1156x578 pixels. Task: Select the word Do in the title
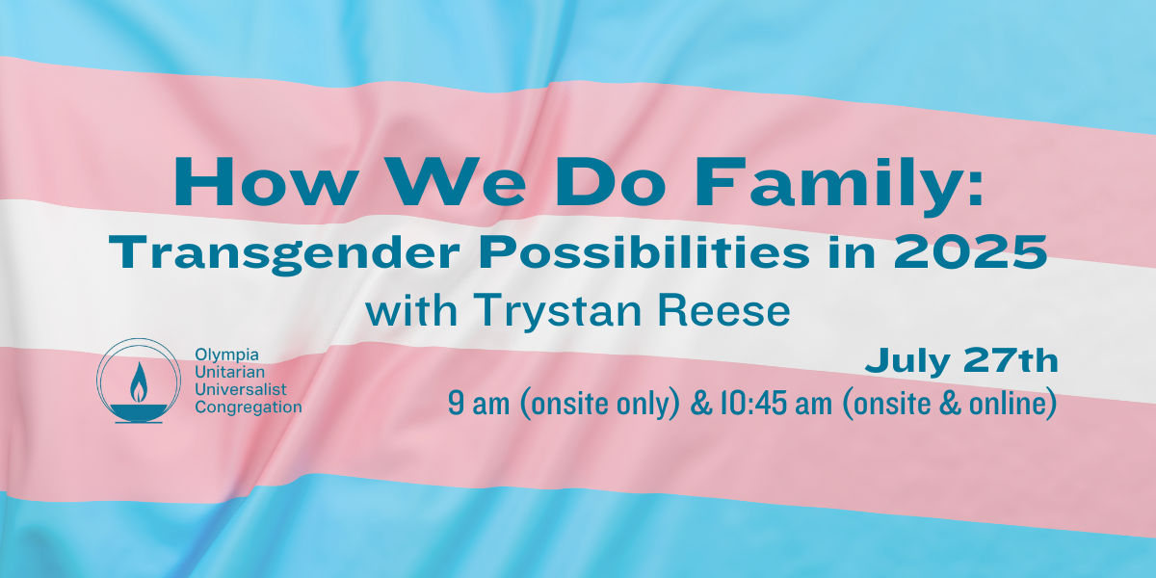click(x=610, y=182)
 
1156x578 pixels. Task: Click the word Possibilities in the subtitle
click(x=644, y=251)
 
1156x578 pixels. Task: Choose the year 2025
click(x=971, y=251)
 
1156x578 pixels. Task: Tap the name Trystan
click(x=559, y=312)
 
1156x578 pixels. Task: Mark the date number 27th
click(x=1011, y=360)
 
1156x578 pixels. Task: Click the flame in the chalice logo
click(x=139, y=381)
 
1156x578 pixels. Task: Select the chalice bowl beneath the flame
click(x=139, y=411)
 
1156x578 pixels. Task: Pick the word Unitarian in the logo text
click(x=230, y=372)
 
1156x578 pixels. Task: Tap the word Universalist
click(x=241, y=389)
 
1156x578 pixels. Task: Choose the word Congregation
click(x=249, y=407)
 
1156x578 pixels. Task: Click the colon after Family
click(x=974, y=191)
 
